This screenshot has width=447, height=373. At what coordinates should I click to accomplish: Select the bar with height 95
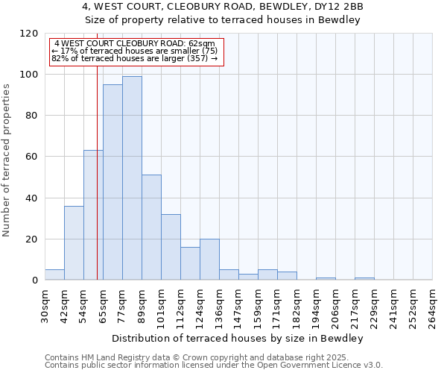point(112,182)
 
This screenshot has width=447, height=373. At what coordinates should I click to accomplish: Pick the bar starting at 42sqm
point(74,242)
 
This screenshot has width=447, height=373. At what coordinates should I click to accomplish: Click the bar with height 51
point(151,227)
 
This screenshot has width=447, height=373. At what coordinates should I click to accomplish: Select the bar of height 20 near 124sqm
point(209,259)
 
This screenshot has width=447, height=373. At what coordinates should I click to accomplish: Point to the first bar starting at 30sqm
point(54,275)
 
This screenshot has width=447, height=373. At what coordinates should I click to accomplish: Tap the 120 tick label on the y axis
point(29,34)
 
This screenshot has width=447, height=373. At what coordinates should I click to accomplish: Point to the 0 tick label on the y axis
point(35,280)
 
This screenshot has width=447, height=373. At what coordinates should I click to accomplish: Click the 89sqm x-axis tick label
point(142,304)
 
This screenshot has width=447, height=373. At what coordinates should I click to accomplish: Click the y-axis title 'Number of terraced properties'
point(7,160)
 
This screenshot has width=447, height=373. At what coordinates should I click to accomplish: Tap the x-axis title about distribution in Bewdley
point(238,339)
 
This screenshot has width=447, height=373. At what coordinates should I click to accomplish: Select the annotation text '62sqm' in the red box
point(202,44)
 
